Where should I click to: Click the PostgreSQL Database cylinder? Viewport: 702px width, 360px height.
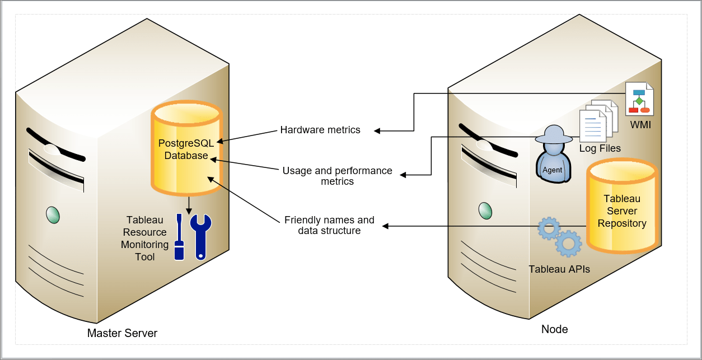click(x=186, y=147)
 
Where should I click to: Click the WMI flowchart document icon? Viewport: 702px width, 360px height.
click(x=639, y=99)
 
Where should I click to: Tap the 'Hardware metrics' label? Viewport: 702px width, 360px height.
click(x=320, y=130)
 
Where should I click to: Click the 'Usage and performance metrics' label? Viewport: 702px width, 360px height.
click(x=337, y=176)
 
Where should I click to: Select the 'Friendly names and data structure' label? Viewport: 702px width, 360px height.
click(x=329, y=225)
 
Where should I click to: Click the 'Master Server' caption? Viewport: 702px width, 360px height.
click(x=122, y=333)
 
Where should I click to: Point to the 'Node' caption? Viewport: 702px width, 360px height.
click(x=554, y=329)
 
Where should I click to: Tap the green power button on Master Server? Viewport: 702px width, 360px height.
click(x=52, y=215)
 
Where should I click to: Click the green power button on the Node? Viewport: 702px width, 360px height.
click(x=485, y=211)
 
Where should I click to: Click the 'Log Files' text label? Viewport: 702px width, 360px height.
click(x=600, y=148)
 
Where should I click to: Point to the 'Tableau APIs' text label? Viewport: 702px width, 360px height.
click(x=559, y=269)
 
